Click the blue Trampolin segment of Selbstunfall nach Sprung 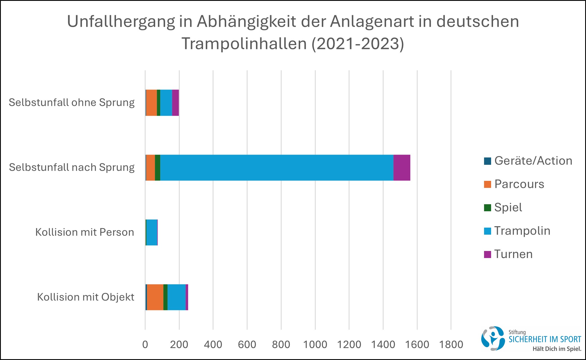(277, 168)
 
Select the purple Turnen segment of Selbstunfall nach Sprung (402, 168)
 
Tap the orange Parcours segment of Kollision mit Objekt (155, 297)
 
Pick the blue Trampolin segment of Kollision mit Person (152, 232)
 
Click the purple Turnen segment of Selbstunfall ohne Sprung (175, 103)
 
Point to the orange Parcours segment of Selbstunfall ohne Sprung (151, 103)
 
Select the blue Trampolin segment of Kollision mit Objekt (177, 297)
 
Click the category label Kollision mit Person (84, 232)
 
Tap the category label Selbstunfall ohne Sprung (72, 103)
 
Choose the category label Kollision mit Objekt (86, 297)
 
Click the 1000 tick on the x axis (315, 345)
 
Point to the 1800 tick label (451, 345)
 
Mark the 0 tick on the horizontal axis (145, 345)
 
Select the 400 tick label (213, 345)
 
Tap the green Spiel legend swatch (487, 208)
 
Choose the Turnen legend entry (513, 254)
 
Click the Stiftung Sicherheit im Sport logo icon (493, 339)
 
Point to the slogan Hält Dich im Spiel (557, 349)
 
